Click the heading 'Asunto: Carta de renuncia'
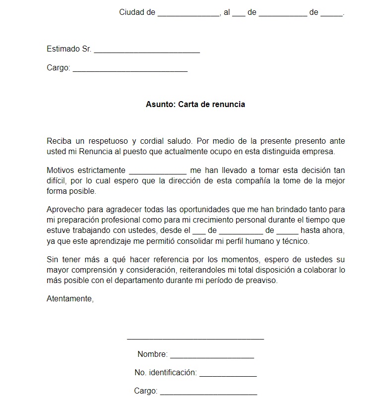195,105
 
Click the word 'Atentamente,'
70,298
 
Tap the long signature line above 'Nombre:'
195,339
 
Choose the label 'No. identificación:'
166,373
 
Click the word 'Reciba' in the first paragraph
58,141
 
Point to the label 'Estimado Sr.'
69,49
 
